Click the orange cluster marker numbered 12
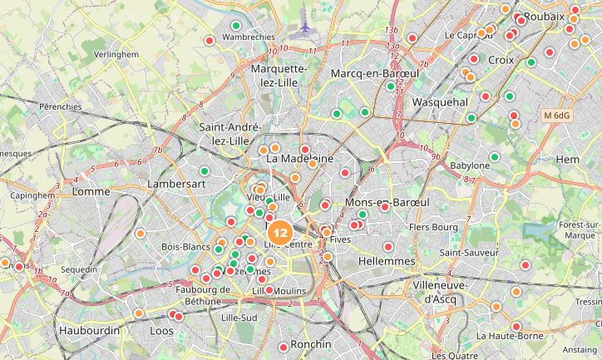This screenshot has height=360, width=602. pyautogui.click(x=281, y=233)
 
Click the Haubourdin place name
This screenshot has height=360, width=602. pyautogui.click(x=89, y=330)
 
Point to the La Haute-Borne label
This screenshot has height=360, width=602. pyautogui.click(x=509, y=336)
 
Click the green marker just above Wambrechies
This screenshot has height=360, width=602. pyautogui.click(x=236, y=25)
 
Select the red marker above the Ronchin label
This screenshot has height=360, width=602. pyautogui.click(x=284, y=347)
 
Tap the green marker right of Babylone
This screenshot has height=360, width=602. pyautogui.click(x=495, y=156)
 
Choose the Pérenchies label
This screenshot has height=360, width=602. pyautogui.click(x=61, y=106)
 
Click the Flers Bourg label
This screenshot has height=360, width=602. pyautogui.click(x=433, y=226)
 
